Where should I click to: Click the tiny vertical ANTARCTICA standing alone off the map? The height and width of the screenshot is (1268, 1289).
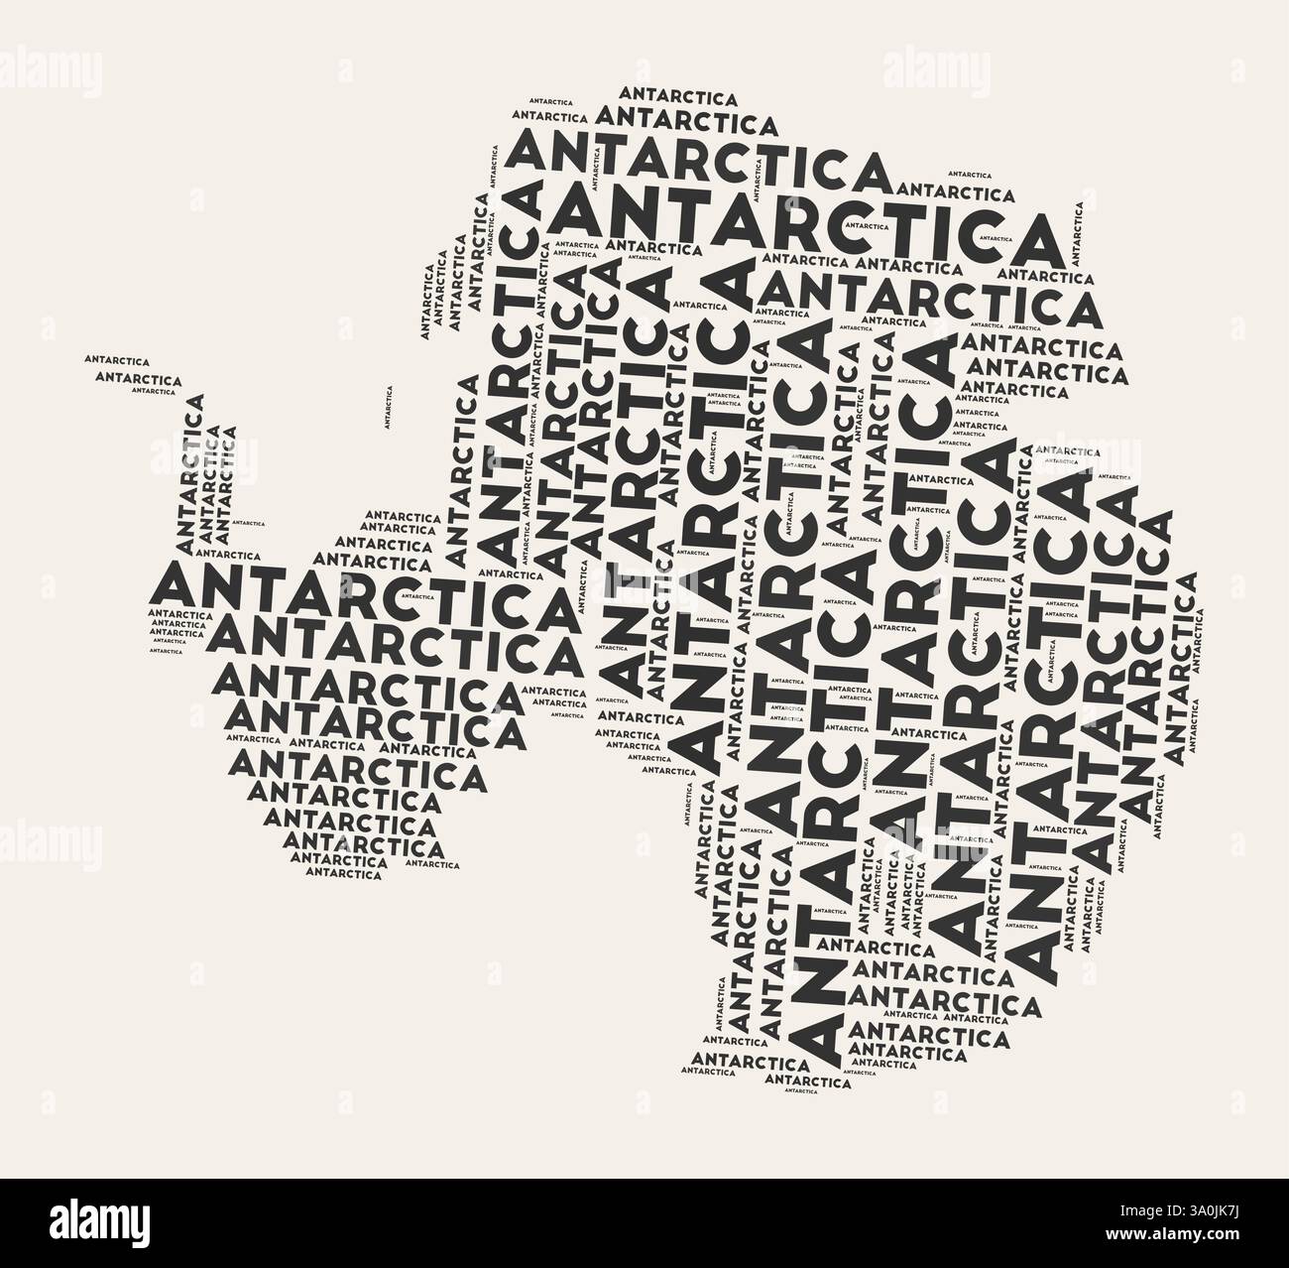pos(388,407)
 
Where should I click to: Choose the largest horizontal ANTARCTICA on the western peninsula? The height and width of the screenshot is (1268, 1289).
pos(362,592)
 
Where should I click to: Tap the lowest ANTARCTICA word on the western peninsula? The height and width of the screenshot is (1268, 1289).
pos(343,874)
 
